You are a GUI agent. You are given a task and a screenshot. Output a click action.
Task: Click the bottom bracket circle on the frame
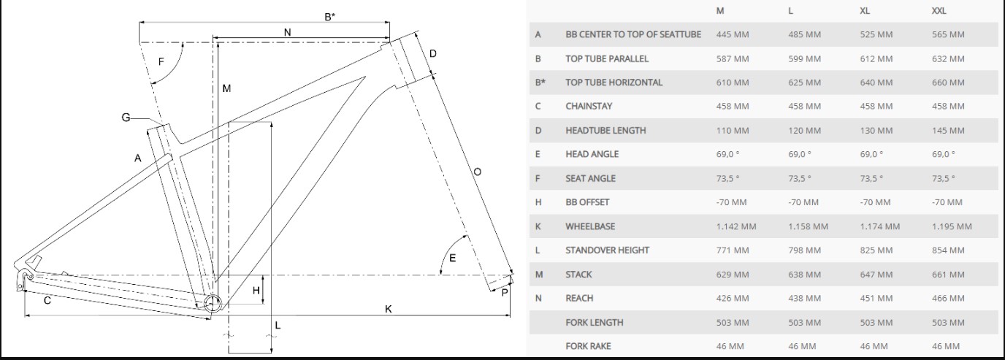212,304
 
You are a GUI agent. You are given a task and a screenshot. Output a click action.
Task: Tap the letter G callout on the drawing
126,117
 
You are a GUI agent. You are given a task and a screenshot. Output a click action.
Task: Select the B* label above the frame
330,16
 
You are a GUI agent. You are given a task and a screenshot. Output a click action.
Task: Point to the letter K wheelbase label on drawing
389,309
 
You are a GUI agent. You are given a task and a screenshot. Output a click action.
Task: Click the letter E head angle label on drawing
452,258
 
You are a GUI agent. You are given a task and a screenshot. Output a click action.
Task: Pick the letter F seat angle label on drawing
161,61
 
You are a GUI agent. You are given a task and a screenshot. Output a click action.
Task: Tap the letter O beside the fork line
477,172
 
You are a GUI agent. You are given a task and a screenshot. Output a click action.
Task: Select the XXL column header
940,11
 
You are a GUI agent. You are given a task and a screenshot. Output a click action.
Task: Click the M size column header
721,11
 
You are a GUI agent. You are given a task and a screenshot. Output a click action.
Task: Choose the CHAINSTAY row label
589,106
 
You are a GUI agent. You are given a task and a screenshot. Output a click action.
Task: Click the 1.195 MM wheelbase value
952,226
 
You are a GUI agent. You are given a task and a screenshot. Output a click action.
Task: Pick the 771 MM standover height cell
733,250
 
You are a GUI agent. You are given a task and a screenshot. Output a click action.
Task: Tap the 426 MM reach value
733,298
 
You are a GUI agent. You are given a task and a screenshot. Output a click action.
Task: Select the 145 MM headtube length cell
948,131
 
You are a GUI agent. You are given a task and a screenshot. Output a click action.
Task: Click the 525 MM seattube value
876,34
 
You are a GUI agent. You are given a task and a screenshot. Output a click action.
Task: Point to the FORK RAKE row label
588,345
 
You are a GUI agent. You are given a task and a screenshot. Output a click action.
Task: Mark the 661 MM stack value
948,275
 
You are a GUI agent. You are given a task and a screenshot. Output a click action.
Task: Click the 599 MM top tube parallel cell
804,58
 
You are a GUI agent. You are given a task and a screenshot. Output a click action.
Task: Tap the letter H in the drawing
256,291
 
